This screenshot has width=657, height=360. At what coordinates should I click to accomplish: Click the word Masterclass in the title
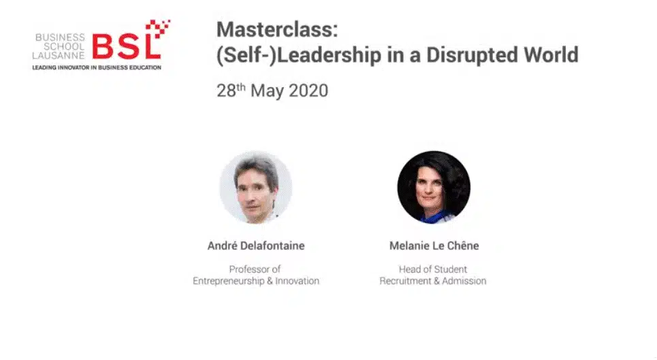click(277, 29)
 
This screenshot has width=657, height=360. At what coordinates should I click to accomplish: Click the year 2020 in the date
click(308, 91)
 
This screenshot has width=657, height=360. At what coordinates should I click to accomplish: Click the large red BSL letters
click(127, 47)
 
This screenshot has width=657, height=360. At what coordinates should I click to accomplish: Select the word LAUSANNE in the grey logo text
click(59, 55)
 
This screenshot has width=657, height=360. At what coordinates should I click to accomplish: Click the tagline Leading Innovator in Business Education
click(97, 67)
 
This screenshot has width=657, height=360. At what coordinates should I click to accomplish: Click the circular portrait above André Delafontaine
click(255, 187)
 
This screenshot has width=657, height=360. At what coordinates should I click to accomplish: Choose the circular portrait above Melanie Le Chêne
click(434, 187)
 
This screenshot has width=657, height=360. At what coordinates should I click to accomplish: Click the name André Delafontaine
click(256, 246)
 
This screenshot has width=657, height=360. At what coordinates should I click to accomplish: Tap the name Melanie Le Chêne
click(434, 246)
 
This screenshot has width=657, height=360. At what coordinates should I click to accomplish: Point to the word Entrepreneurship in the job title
click(228, 281)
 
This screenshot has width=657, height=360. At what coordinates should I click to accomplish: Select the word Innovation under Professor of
click(297, 281)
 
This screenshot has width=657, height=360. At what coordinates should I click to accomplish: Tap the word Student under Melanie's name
click(450, 269)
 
